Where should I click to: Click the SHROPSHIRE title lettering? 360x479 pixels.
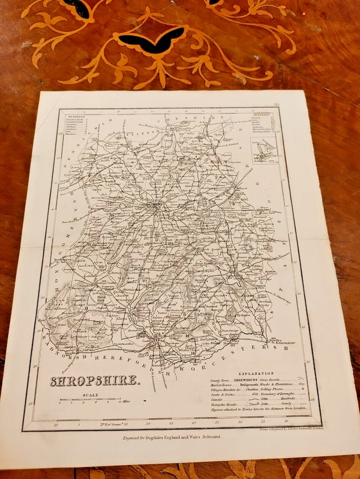(x=93, y=381)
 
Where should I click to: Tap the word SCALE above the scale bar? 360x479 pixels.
(x=91, y=395)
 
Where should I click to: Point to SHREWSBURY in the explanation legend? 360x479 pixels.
(x=246, y=380)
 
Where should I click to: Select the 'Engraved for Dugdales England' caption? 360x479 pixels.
(x=172, y=437)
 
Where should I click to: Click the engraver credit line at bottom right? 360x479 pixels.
(x=292, y=428)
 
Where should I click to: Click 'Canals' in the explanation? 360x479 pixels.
(x=218, y=400)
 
